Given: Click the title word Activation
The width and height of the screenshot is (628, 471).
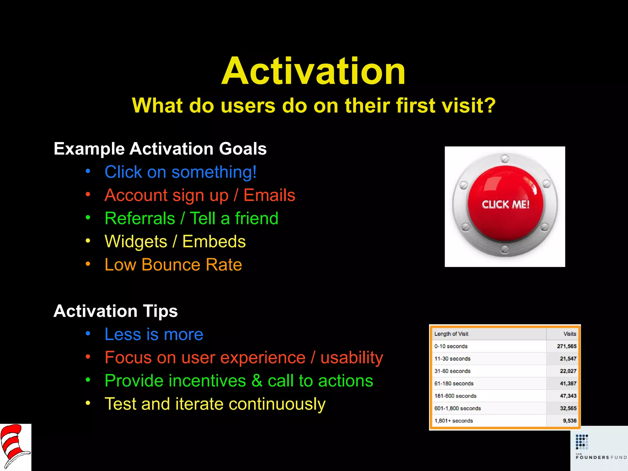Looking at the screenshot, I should pyautogui.click(x=313, y=71).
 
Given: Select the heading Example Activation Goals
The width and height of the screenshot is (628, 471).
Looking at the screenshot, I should pyautogui.click(x=160, y=149).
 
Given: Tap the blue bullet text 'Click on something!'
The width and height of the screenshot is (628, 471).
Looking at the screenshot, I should pyautogui.click(x=180, y=172).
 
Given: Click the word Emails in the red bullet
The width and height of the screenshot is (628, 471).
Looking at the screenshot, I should pyautogui.click(x=269, y=195).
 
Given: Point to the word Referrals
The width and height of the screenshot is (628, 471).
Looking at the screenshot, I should pyautogui.click(x=140, y=218).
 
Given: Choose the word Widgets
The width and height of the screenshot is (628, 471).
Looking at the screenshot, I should pyautogui.click(x=136, y=242).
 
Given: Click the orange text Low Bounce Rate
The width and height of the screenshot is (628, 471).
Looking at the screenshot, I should pyautogui.click(x=173, y=265).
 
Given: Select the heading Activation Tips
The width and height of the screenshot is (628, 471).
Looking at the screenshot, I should pyautogui.click(x=116, y=311).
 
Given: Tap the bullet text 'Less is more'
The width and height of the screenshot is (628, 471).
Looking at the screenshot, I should pyautogui.click(x=154, y=334).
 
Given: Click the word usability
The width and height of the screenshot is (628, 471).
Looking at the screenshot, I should pyautogui.click(x=352, y=358).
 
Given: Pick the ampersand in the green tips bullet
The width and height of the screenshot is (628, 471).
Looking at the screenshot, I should pyautogui.click(x=257, y=381).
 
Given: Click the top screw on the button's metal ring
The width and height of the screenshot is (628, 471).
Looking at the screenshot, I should pyautogui.click(x=505, y=159).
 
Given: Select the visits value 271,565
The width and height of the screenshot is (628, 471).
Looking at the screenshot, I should pyautogui.click(x=566, y=346).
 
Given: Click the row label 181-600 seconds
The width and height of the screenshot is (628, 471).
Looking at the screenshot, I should pyautogui.click(x=455, y=396).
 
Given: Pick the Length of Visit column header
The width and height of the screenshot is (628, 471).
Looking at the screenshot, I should pyautogui.click(x=451, y=334).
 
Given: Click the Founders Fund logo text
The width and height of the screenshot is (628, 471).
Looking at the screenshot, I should pyautogui.click(x=601, y=457).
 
